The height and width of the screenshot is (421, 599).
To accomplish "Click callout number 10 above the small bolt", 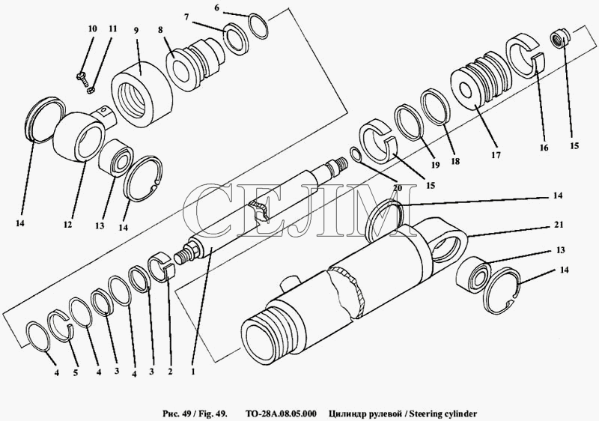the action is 92,29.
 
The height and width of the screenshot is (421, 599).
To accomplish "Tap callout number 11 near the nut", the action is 112,29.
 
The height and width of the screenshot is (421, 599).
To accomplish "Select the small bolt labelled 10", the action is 82,78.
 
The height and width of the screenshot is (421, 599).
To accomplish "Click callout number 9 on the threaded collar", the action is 136,30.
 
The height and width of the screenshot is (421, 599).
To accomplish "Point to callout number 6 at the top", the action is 216,7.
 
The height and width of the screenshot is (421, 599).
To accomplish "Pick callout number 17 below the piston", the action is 496,155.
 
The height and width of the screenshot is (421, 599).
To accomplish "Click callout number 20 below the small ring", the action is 397,188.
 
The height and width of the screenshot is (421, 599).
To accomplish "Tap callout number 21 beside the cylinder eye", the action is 559,225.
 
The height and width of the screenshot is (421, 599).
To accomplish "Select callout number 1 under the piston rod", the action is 193,371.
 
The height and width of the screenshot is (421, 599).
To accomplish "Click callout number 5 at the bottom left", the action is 76,373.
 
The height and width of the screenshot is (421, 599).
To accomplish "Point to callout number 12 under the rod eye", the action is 67,225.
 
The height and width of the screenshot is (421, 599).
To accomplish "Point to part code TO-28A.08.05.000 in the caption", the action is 281,414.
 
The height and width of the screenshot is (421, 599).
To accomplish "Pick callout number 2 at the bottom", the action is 171,372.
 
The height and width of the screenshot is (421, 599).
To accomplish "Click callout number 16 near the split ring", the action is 544,148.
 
